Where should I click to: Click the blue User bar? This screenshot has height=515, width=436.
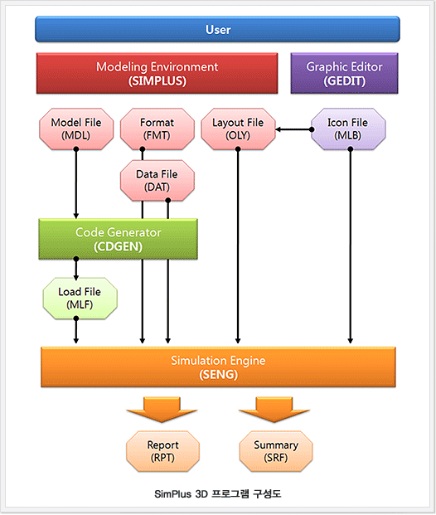click(217, 29)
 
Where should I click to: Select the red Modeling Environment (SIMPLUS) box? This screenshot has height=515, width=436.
click(157, 73)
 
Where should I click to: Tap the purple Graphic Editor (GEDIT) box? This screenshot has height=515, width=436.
click(344, 73)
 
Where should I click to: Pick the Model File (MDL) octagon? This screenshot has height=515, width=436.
click(76, 129)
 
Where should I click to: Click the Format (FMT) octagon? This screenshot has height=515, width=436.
click(157, 129)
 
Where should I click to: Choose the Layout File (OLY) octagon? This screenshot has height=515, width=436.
click(238, 129)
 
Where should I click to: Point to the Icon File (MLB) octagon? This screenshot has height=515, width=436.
click(348, 129)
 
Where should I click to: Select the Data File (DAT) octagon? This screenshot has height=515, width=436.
click(157, 180)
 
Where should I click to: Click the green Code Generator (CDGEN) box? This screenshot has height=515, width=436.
click(118, 239)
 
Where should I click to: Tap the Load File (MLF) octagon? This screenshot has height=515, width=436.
click(80, 299)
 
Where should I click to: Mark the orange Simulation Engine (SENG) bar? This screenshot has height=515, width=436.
click(218, 367)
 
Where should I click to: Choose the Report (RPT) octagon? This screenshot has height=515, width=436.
click(162, 451)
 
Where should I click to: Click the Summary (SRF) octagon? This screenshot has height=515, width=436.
click(276, 451)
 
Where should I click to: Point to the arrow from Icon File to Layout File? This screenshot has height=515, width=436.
click(294, 129)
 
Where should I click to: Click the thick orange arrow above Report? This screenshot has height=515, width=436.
click(162, 409)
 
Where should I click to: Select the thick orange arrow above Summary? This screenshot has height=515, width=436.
click(274, 409)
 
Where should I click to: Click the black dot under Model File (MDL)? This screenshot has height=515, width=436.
click(76, 149)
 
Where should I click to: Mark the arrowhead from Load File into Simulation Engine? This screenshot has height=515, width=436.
click(75, 340)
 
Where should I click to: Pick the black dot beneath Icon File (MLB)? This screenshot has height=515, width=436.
click(351, 149)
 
